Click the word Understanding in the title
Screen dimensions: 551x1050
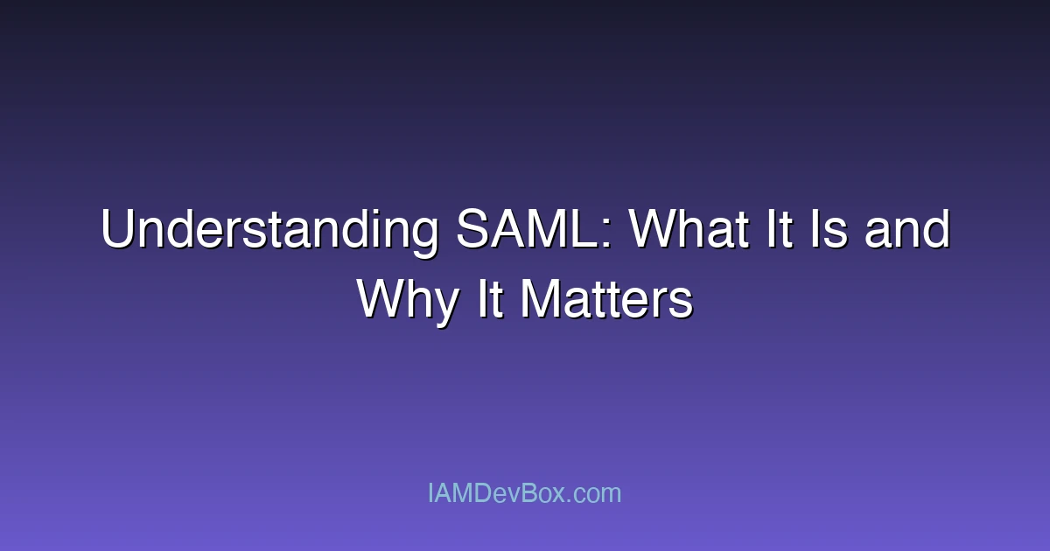[x=269, y=231]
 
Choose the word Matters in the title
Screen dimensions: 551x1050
[x=606, y=301]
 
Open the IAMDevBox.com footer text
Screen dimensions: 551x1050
[x=525, y=493]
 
